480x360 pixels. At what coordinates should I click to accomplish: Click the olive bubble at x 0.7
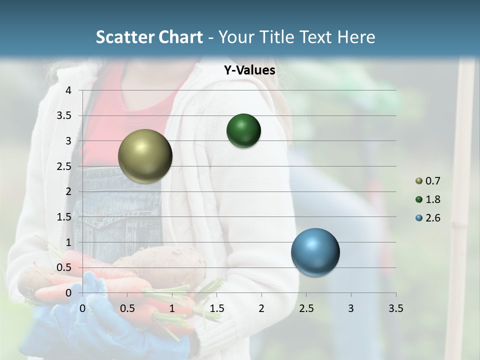point(145,156)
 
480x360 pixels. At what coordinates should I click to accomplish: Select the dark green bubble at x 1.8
point(243,130)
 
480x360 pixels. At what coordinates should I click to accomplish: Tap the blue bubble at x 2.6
point(315,252)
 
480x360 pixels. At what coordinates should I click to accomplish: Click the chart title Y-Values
point(249,70)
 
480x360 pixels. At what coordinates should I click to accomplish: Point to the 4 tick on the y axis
point(68,90)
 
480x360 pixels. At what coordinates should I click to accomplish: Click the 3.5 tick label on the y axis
point(64,115)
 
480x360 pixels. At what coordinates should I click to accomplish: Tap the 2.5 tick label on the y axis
point(64,166)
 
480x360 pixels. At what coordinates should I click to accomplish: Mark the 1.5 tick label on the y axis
point(64,217)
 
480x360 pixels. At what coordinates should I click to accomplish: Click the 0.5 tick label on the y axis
point(64,267)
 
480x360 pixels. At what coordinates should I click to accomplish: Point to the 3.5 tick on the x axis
point(395,308)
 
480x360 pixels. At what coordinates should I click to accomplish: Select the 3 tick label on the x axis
point(350,308)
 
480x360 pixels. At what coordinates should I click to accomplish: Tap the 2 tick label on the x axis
point(261,308)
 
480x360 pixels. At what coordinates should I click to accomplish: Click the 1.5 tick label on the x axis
point(216,308)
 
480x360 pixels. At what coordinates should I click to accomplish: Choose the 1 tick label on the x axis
point(172,308)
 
